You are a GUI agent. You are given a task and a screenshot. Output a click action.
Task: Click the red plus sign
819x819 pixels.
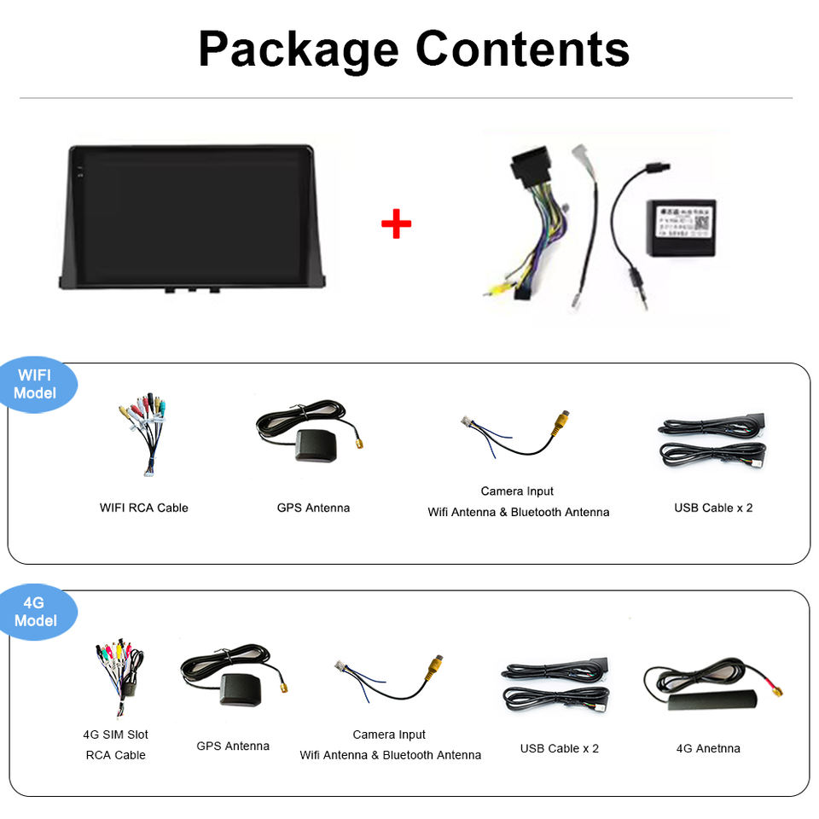pyautogui.click(x=396, y=224)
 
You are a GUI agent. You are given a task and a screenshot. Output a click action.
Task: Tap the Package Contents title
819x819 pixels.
pyautogui.click(x=414, y=49)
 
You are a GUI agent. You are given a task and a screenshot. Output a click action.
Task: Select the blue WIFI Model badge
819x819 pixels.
pyautogui.click(x=36, y=384)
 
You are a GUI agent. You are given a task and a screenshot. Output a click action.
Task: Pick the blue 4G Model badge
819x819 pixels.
pyautogui.click(x=36, y=612)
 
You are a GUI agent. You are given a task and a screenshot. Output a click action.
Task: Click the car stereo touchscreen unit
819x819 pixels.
pyautogui.click(x=191, y=218)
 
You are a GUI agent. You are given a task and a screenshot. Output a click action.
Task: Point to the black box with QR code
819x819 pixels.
pyautogui.click(x=681, y=226)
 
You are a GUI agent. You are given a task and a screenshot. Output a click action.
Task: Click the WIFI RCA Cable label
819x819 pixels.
pyautogui.click(x=144, y=508)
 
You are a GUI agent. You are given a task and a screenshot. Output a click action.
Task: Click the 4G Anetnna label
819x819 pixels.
pyautogui.click(x=708, y=748)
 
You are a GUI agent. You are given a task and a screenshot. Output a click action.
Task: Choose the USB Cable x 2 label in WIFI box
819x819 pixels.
pyautogui.click(x=713, y=508)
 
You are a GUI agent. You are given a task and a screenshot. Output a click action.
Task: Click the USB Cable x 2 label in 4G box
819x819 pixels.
pyautogui.click(x=560, y=748)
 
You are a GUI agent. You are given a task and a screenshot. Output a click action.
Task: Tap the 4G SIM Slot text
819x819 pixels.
pyautogui.click(x=116, y=735)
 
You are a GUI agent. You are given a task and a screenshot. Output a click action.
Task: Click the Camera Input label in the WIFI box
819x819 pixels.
pyautogui.click(x=517, y=491)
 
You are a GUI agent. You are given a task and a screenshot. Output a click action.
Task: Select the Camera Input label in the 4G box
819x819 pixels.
pyautogui.click(x=389, y=735)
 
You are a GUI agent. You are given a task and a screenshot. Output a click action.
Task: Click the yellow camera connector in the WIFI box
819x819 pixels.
pyautogui.click(x=561, y=422)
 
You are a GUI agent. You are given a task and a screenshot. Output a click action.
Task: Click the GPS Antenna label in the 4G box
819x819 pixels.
pyautogui.click(x=233, y=746)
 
